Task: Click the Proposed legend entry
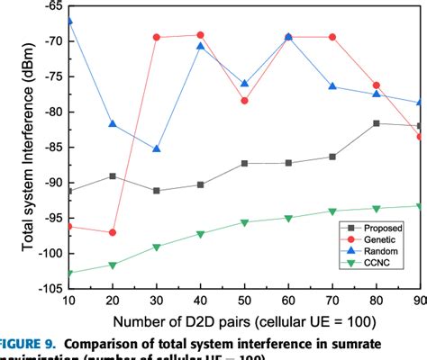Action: click(378, 229)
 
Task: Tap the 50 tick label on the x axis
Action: click(244, 301)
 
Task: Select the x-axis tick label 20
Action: click(113, 301)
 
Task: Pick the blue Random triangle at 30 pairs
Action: click(157, 148)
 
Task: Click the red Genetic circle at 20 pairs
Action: click(113, 232)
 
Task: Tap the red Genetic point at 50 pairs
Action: click(244, 101)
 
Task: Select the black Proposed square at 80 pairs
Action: click(376, 123)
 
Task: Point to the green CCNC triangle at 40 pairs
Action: click(200, 234)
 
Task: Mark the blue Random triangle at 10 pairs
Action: click(69, 21)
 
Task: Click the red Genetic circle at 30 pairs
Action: click(157, 37)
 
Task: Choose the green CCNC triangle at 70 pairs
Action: click(332, 211)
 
